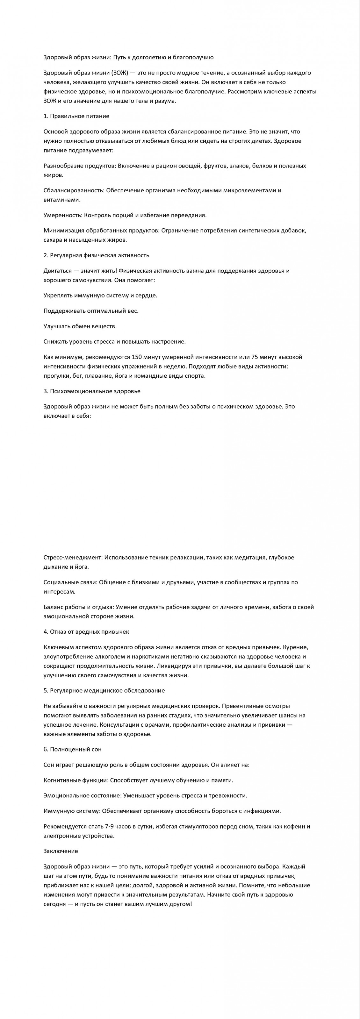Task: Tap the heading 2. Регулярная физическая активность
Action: point(96,255)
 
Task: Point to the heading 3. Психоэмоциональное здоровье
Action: point(92,391)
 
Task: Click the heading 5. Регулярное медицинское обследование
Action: point(104,690)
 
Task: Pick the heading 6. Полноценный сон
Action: point(72,749)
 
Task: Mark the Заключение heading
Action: point(61,851)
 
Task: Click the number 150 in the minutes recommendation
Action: point(136,357)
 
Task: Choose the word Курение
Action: point(296,647)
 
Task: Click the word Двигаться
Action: point(57,271)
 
